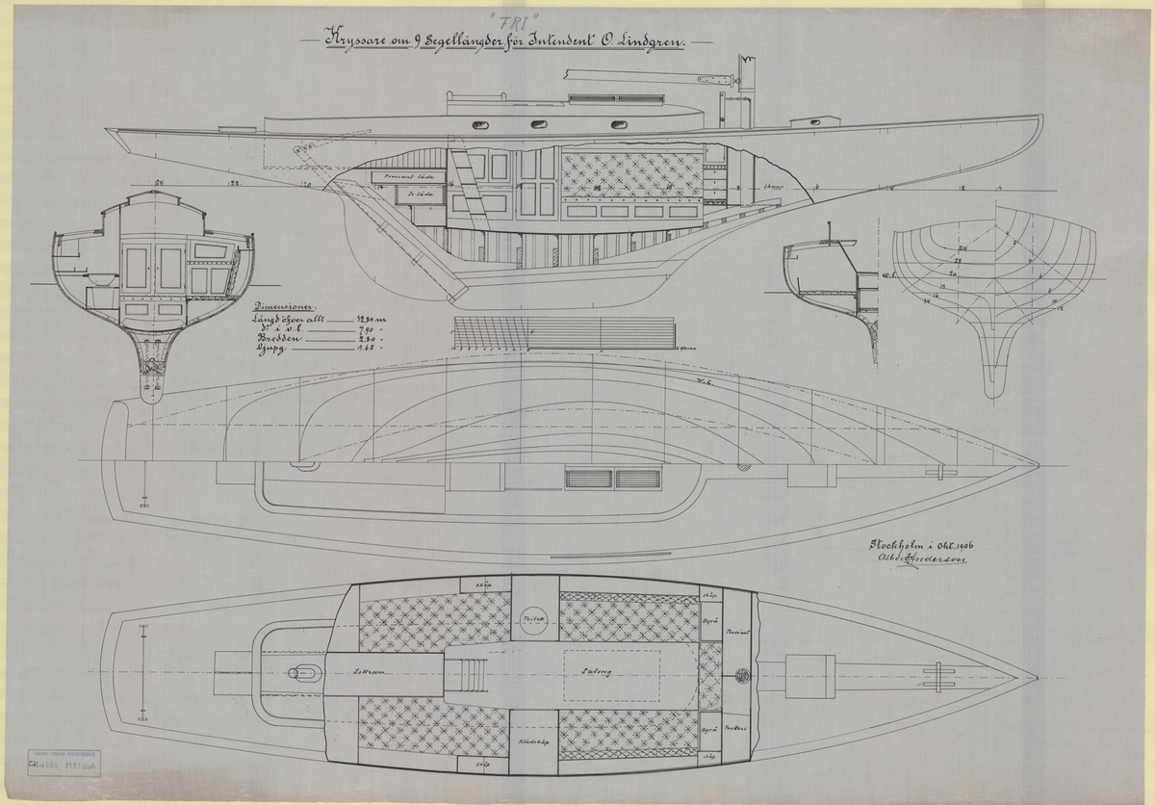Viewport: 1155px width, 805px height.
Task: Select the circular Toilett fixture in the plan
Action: click(534, 621)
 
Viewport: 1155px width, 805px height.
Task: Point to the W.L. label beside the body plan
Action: click(888, 274)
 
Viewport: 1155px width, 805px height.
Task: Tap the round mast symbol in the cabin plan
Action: click(742, 674)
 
